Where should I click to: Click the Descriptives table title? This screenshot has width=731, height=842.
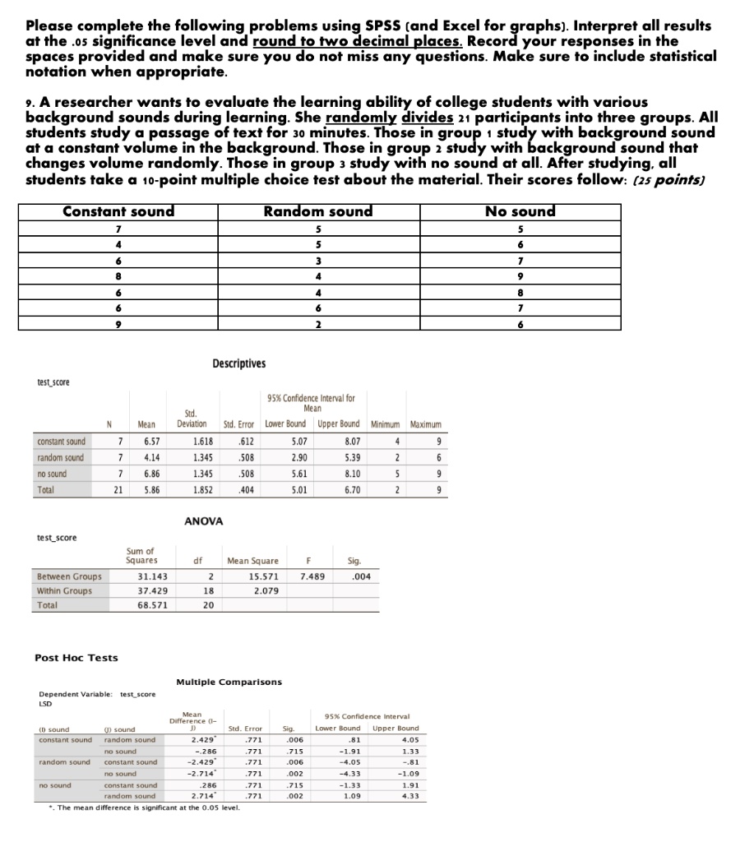[239, 363]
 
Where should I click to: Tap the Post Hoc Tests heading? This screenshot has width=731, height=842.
[76, 658]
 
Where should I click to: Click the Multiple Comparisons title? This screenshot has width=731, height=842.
[229, 682]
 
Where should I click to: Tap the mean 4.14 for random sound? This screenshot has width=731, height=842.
[146, 456]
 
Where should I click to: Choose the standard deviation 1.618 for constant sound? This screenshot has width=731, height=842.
[191, 442]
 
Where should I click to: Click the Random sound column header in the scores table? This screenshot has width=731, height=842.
[318, 211]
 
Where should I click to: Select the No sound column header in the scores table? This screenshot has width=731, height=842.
[521, 211]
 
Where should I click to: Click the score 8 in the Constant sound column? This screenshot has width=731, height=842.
[119, 275]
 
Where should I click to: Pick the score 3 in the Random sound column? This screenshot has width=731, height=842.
[318, 259]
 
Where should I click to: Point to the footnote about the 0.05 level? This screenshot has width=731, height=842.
[143, 807]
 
